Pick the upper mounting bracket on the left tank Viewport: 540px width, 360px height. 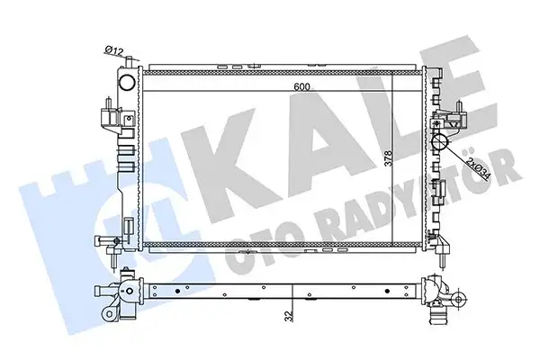tap(106, 117)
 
